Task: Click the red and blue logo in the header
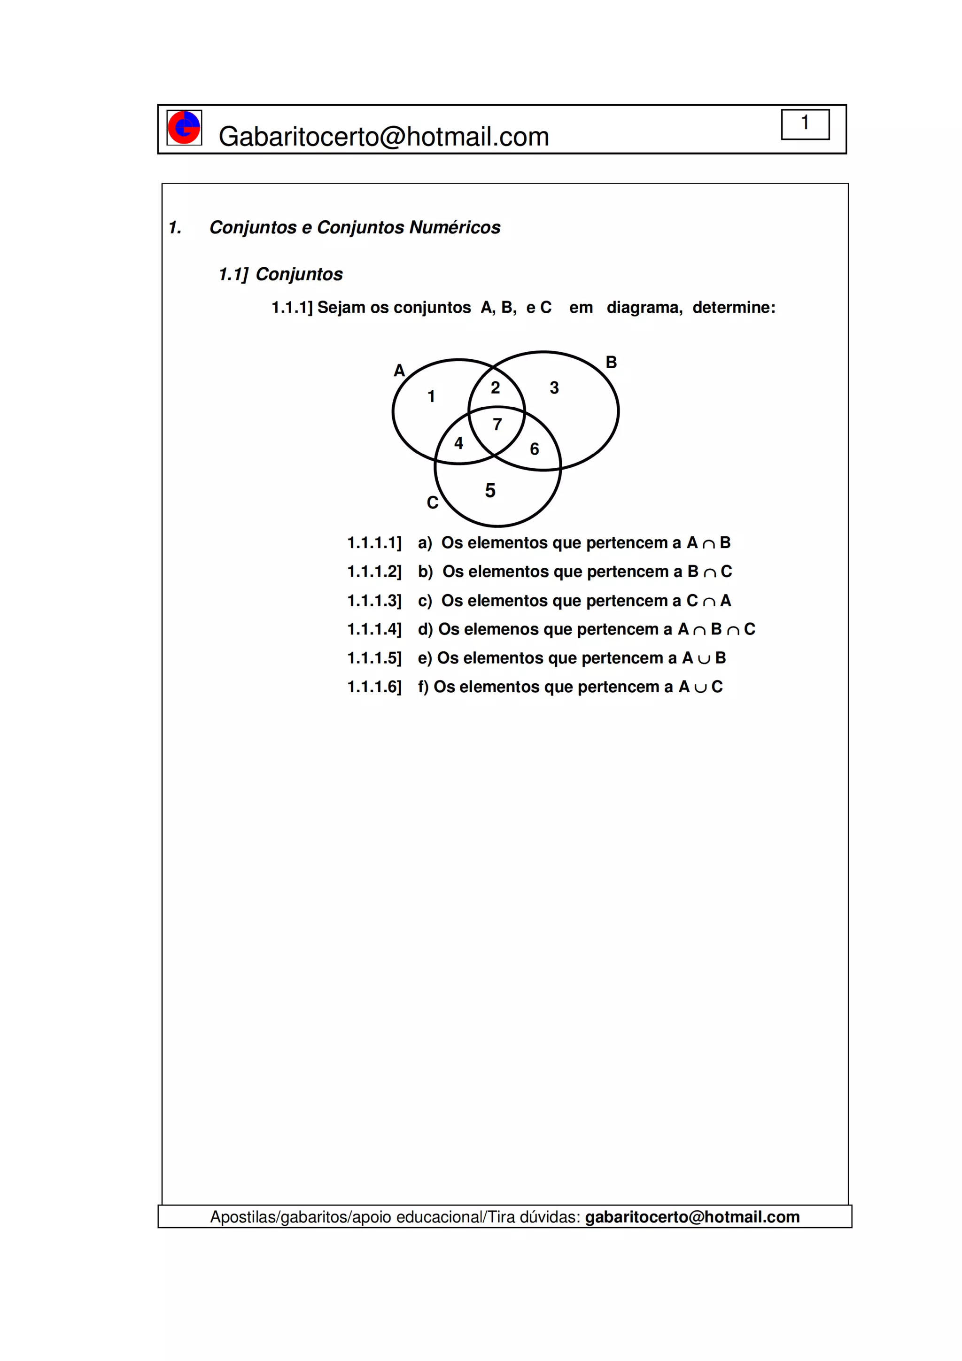pyautogui.click(x=184, y=127)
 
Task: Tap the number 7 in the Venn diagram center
pyautogui.click(x=497, y=425)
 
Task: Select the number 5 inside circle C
pyautogui.click(x=489, y=491)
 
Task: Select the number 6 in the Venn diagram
pyautogui.click(x=534, y=449)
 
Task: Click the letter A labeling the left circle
pyautogui.click(x=399, y=371)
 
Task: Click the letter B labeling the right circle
pyautogui.click(x=611, y=362)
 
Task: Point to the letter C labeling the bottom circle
pyautogui.click(x=432, y=503)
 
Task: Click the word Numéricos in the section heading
pyautogui.click(x=455, y=228)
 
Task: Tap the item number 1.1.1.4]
pyautogui.click(x=374, y=629)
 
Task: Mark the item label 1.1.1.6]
pyautogui.click(x=374, y=687)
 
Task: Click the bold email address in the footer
pyautogui.click(x=692, y=1217)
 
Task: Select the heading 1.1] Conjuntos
pyautogui.click(x=280, y=274)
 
